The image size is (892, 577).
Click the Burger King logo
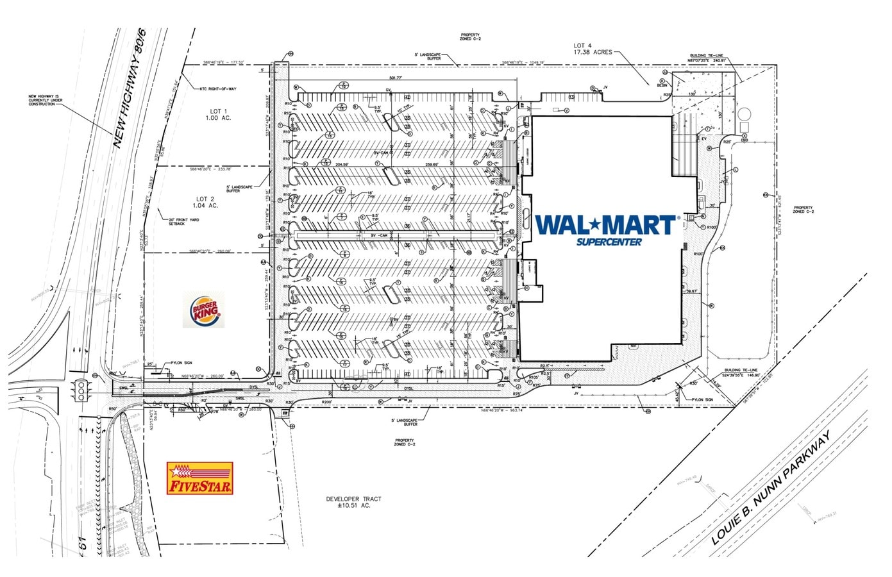(x=205, y=311)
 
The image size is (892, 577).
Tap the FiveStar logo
(x=199, y=479)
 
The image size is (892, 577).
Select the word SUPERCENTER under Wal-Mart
(x=609, y=242)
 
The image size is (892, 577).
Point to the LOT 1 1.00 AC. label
(x=217, y=115)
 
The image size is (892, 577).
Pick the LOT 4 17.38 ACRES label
(x=593, y=49)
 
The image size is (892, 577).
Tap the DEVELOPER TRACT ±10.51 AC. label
(x=353, y=502)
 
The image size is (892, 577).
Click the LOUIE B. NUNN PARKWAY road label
(x=772, y=488)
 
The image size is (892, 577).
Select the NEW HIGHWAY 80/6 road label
(x=130, y=88)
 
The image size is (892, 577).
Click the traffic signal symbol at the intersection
(x=82, y=390)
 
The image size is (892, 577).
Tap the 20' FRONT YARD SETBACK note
(x=185, y=222)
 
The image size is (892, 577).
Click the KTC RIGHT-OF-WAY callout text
(x=218, y=88)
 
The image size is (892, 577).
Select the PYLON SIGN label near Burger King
(x=183, y=362)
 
